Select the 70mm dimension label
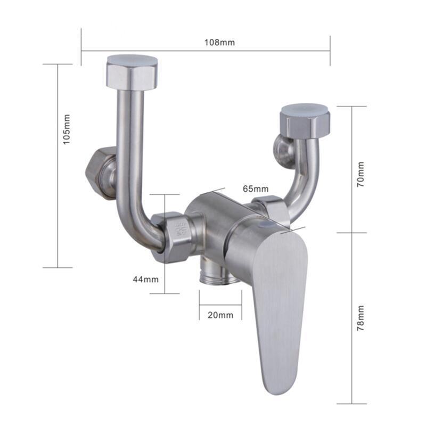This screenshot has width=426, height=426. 361,174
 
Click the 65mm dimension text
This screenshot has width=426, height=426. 255,189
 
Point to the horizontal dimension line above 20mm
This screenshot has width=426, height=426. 220,305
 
